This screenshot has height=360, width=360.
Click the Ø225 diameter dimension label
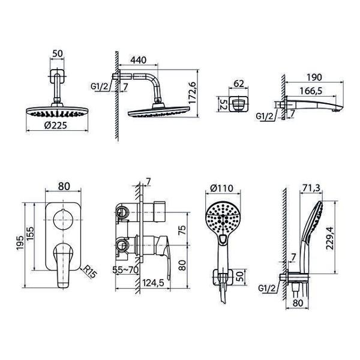pos(56,125)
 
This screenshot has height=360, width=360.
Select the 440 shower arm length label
pos(139,60)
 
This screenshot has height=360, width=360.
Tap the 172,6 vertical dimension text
pos(192,93)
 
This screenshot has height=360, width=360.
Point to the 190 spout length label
pos(314,77)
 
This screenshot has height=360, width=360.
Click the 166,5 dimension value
pos(311,91)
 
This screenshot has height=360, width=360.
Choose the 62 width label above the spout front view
pos(239,83)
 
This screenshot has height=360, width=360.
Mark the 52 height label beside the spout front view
pos(222,104)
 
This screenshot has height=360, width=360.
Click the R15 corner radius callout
pos(90,272)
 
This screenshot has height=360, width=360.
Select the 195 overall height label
pos(20,243)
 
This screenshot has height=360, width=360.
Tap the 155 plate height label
pos(31,234)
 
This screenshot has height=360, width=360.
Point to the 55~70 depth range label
pos(125,270)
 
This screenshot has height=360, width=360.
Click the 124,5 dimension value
pos(153,283)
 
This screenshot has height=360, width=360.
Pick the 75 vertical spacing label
pos(182,230)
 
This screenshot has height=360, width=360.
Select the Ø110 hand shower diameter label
pos(222,188)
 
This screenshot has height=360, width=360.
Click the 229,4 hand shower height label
pos(330,238)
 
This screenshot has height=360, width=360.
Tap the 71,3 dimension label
pos(311,188)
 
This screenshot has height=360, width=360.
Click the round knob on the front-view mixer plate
pos(63,220)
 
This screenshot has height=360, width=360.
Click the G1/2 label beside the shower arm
pos(99,86)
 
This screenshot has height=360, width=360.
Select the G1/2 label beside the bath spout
pos(265,116)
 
